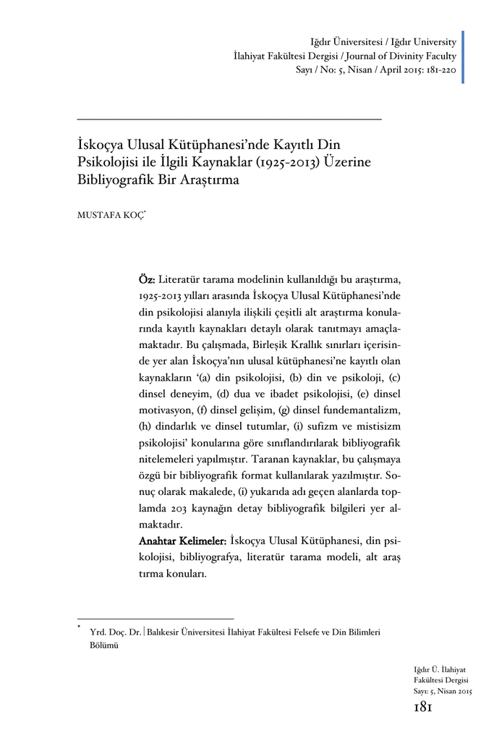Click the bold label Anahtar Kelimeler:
[x=183, y=541]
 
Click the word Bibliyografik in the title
[x=114, y=177]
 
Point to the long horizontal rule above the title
[x=229, y=119]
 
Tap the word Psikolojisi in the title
[x=113, y=159]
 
